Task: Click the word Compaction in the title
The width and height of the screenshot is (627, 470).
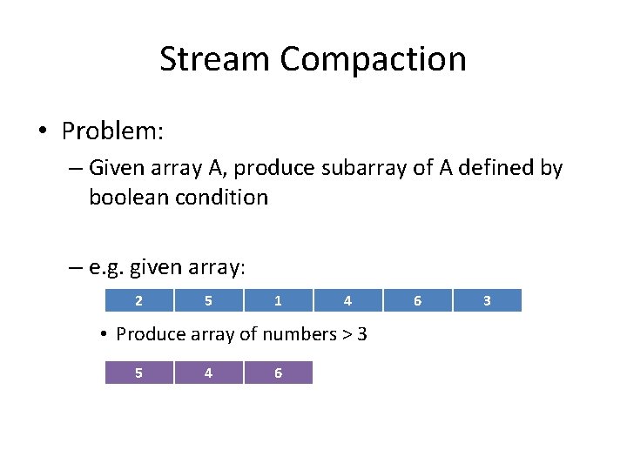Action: (x=374, y=59)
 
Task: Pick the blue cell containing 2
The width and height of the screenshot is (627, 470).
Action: (x=139, y=300)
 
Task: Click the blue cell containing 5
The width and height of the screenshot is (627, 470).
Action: (x=209, y=300)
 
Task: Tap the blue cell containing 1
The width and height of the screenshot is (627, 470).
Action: (x=278, y=300)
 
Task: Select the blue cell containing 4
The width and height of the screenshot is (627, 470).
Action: (x=347, y=300)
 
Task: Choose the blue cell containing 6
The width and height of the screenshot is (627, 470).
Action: (x=417, y=300)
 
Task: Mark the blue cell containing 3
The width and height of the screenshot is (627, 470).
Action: (x=487, y=300)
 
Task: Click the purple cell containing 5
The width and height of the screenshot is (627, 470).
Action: (x=139, y=373)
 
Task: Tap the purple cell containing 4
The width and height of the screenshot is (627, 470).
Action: (x=208, y=373)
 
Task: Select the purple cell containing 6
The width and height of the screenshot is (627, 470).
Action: (x=278, y=373)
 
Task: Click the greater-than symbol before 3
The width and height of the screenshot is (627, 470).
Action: (x=346, y=334)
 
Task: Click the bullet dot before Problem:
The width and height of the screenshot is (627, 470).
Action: (x=42, y=132)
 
